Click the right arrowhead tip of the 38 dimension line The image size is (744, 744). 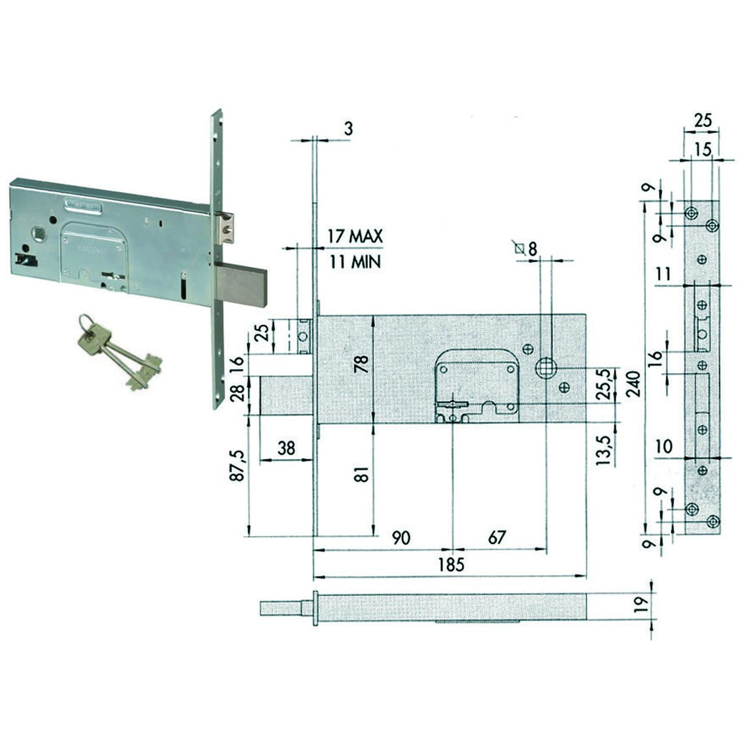coord(312,460)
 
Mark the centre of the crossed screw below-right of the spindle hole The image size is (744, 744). coord(564,387)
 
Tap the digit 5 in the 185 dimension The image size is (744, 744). coord(459,565)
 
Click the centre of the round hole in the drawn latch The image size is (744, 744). coord(303,337)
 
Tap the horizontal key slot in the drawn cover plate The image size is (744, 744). coord(453,404)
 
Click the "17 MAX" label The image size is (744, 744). coord(355,236)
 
